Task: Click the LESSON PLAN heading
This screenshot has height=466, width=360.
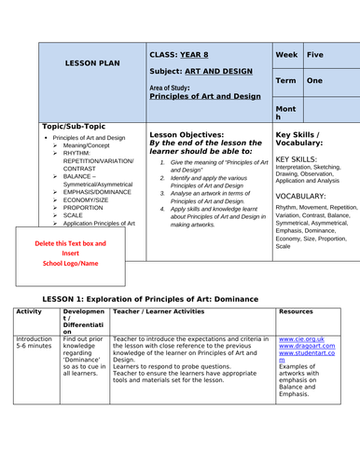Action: pyautogui.click(x=91, y=62)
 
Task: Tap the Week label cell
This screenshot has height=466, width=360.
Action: pyautogui.click(x=288, y=55)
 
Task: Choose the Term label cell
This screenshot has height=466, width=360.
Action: pyautogui.click(x=287, y=81)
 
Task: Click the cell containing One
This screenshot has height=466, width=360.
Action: pyautogui.click(x=315, y=81)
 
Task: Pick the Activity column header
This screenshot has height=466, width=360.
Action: pyautogui.click(x=30, y=310)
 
